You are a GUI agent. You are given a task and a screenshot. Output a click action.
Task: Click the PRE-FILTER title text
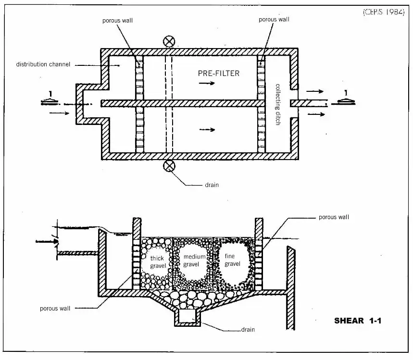[219, 74]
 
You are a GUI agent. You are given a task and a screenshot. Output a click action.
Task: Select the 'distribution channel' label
[43, 64]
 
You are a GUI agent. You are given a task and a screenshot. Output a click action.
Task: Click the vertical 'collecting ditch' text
[278, 105]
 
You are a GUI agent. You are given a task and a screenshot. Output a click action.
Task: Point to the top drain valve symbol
[169, 41]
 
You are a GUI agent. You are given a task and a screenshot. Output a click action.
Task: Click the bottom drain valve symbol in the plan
[169, 166]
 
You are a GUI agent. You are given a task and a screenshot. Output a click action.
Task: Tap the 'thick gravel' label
[157, 262]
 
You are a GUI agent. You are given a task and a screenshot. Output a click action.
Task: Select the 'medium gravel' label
[195, 261]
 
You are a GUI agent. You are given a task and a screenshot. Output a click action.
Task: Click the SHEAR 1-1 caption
[358, 321]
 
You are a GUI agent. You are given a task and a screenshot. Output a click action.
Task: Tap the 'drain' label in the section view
[248, 330]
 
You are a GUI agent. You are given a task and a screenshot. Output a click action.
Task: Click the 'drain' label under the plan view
[212, 185]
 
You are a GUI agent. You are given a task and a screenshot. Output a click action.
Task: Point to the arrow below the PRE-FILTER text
[207, 83]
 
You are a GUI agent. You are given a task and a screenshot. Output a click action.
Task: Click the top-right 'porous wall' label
[274, 20]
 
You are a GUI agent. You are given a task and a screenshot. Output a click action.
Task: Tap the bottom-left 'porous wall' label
[56, 309]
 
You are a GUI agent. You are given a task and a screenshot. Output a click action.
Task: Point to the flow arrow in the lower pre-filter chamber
[207, 129]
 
